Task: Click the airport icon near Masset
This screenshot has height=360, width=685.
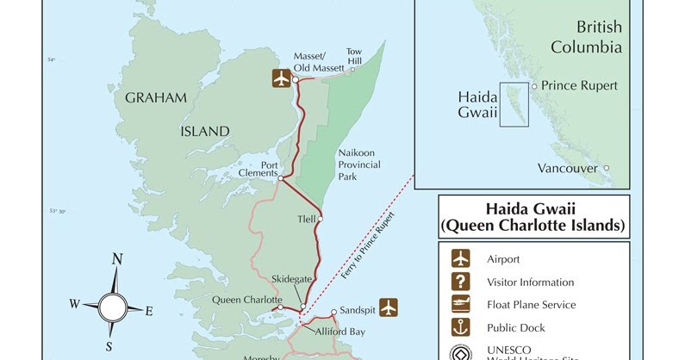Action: pyautogui.click(x=281, y=78)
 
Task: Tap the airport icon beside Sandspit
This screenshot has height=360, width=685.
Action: pyautogui.click(x=389, y=306)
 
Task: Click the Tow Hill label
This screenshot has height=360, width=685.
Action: pyautogui.click(x=354, y=56)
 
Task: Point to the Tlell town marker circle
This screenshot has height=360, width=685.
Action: pyautogui.click(x=320, y=219)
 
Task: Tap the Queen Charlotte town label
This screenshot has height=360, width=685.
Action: pyautogui.click(x=246, y=301)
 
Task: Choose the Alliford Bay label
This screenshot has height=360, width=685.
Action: pyautogui.click(x=339, y=331)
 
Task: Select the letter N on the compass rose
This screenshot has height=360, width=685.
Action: pyautogui.click(x=117, y=260)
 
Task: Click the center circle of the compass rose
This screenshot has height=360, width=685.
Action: pyautogui.click(x=112, y=306)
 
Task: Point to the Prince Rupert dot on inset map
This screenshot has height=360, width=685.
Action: pyautogui.click(x=534, y=86)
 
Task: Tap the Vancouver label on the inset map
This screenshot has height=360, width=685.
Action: pyautogui.click(x=567, y=168)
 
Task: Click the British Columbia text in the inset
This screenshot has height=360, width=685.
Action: pyautogui.click(x=587, y=37)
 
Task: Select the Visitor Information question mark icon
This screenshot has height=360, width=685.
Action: pyautogui.click(x=462, y=281)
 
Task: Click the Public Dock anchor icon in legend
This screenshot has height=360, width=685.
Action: pyautogui.click(x=462, y=327)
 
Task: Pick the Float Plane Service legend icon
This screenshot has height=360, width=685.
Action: pyautogui.click(x=462, y=304)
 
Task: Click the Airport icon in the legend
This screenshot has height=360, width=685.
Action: pyautogui.click(x=462, y=258)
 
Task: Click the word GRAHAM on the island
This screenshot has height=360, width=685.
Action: pyautogui.click(x=156, y=98)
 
